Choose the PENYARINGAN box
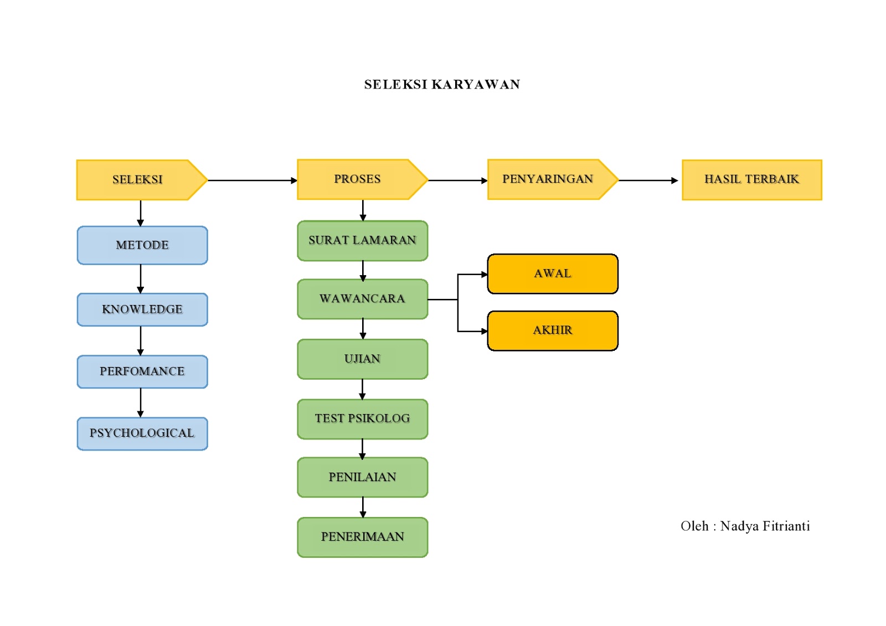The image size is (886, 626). coord(548,179)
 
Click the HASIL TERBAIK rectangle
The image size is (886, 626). coord(751,180)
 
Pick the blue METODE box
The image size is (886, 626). coord(142,245)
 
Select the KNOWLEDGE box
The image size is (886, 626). coord(142,309)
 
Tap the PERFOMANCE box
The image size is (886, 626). coord(142,371)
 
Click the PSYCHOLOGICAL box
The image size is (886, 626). coord(142,433)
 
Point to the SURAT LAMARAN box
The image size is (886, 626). coord(363,241)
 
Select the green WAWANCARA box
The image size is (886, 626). coord(363,299)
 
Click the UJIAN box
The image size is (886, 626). coord(363,359)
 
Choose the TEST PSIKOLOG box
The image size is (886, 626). coord(363,419)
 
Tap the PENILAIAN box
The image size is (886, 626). coord(363,477)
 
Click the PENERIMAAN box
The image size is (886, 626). coord(363,537)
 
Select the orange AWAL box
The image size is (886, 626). coord(553,274)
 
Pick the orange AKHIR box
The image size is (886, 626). coord(553,330)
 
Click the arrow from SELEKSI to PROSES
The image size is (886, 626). coord(252,180)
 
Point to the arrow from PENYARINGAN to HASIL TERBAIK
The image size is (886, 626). coord(648,180)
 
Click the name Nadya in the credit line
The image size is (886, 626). coord(739,526)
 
